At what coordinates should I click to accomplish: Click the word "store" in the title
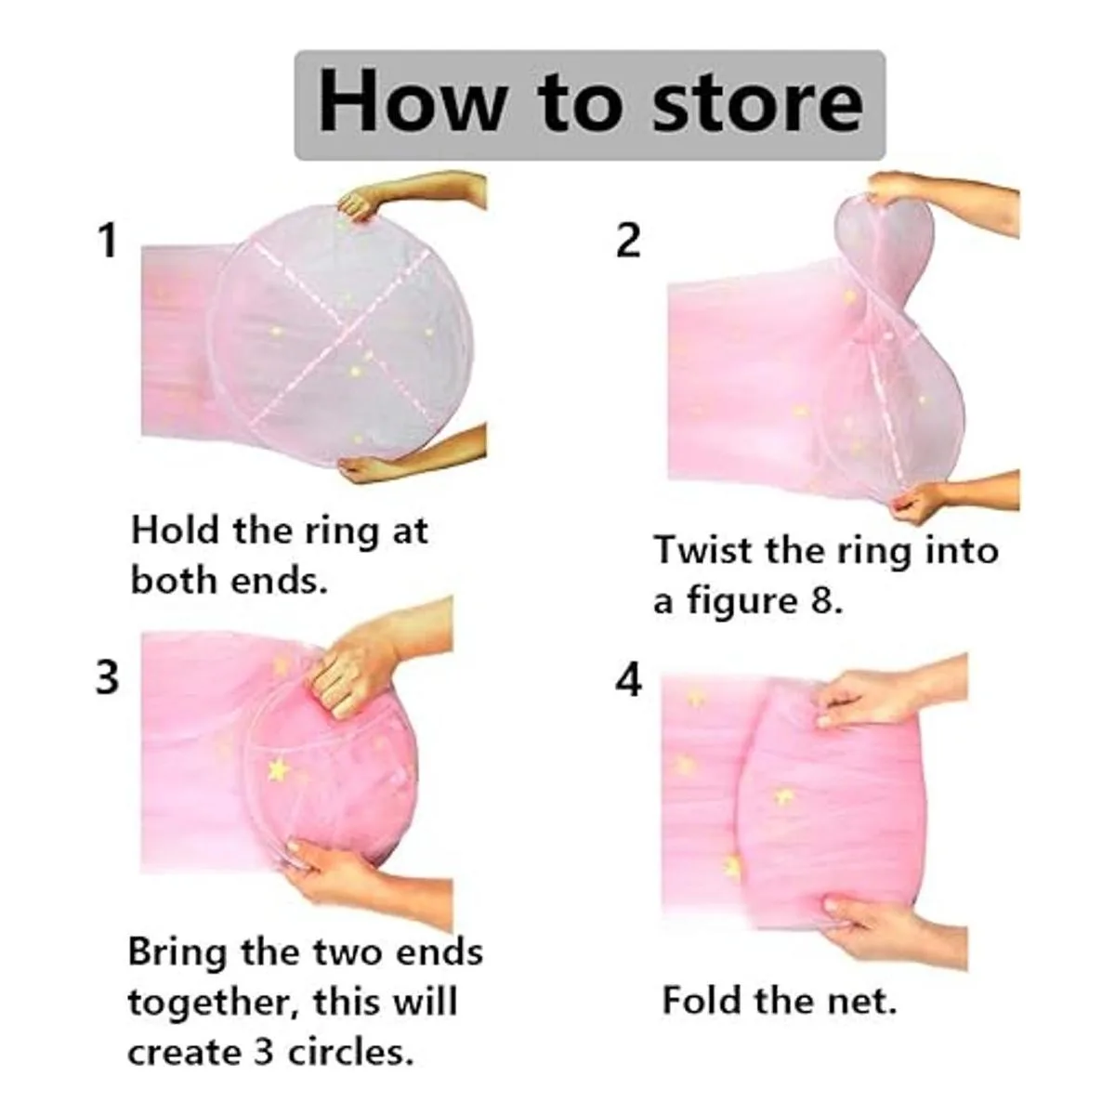757,105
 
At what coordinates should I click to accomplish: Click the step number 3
107,678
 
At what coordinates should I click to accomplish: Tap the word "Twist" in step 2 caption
704,550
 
